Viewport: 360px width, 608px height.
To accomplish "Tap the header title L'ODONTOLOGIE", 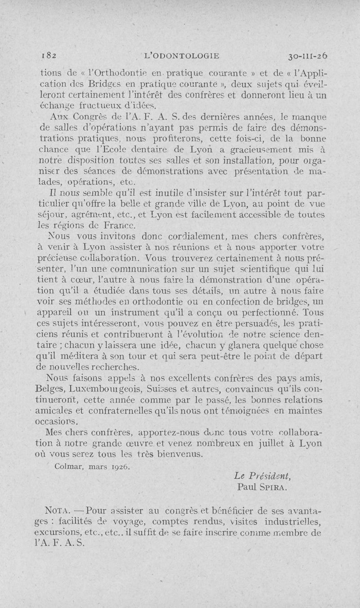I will (180, 56).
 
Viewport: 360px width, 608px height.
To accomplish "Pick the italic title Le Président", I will (263, 476).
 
